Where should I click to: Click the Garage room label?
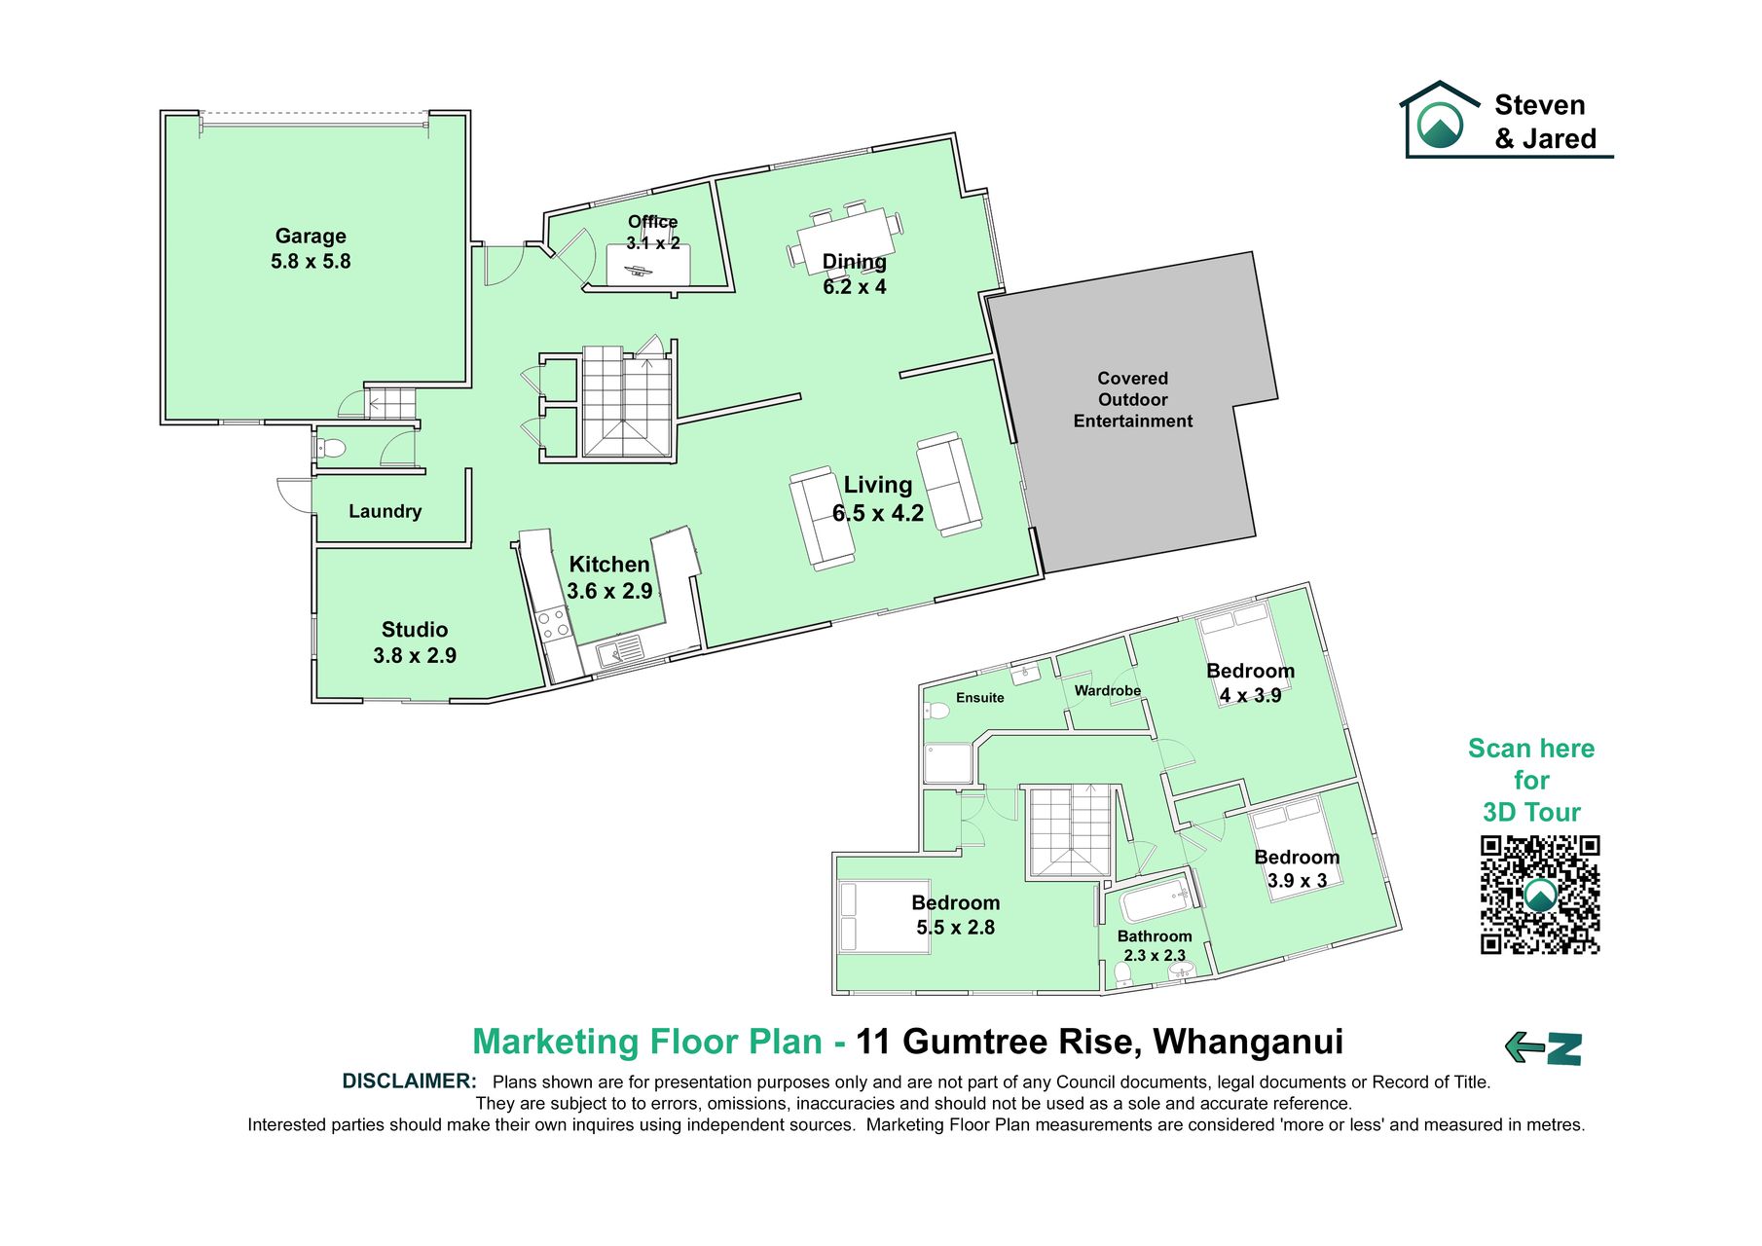click(x=311, y=236)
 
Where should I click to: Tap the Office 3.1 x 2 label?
click(x=652, y=232)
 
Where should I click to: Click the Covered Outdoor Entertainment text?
click(x=1132, y=399)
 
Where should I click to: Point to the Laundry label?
click(x=385, y=511)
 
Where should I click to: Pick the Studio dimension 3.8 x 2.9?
click(x=415, y=656)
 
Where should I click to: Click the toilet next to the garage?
click(x=330, y=449)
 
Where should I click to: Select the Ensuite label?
click(x=979, y=698)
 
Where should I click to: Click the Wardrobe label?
click(x=1108, y=691)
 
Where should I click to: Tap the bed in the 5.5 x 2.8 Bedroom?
click(x=884, y=916)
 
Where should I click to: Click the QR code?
click(x=1540, y=895)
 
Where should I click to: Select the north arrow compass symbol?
click(x=1543, y=1048)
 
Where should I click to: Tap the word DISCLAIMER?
click(x=409, y=1081)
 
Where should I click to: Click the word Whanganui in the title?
click(x=1248, y=1042)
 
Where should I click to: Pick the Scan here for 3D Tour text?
click(x=1531, y=781)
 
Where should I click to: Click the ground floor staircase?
click(x=627, y=400)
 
